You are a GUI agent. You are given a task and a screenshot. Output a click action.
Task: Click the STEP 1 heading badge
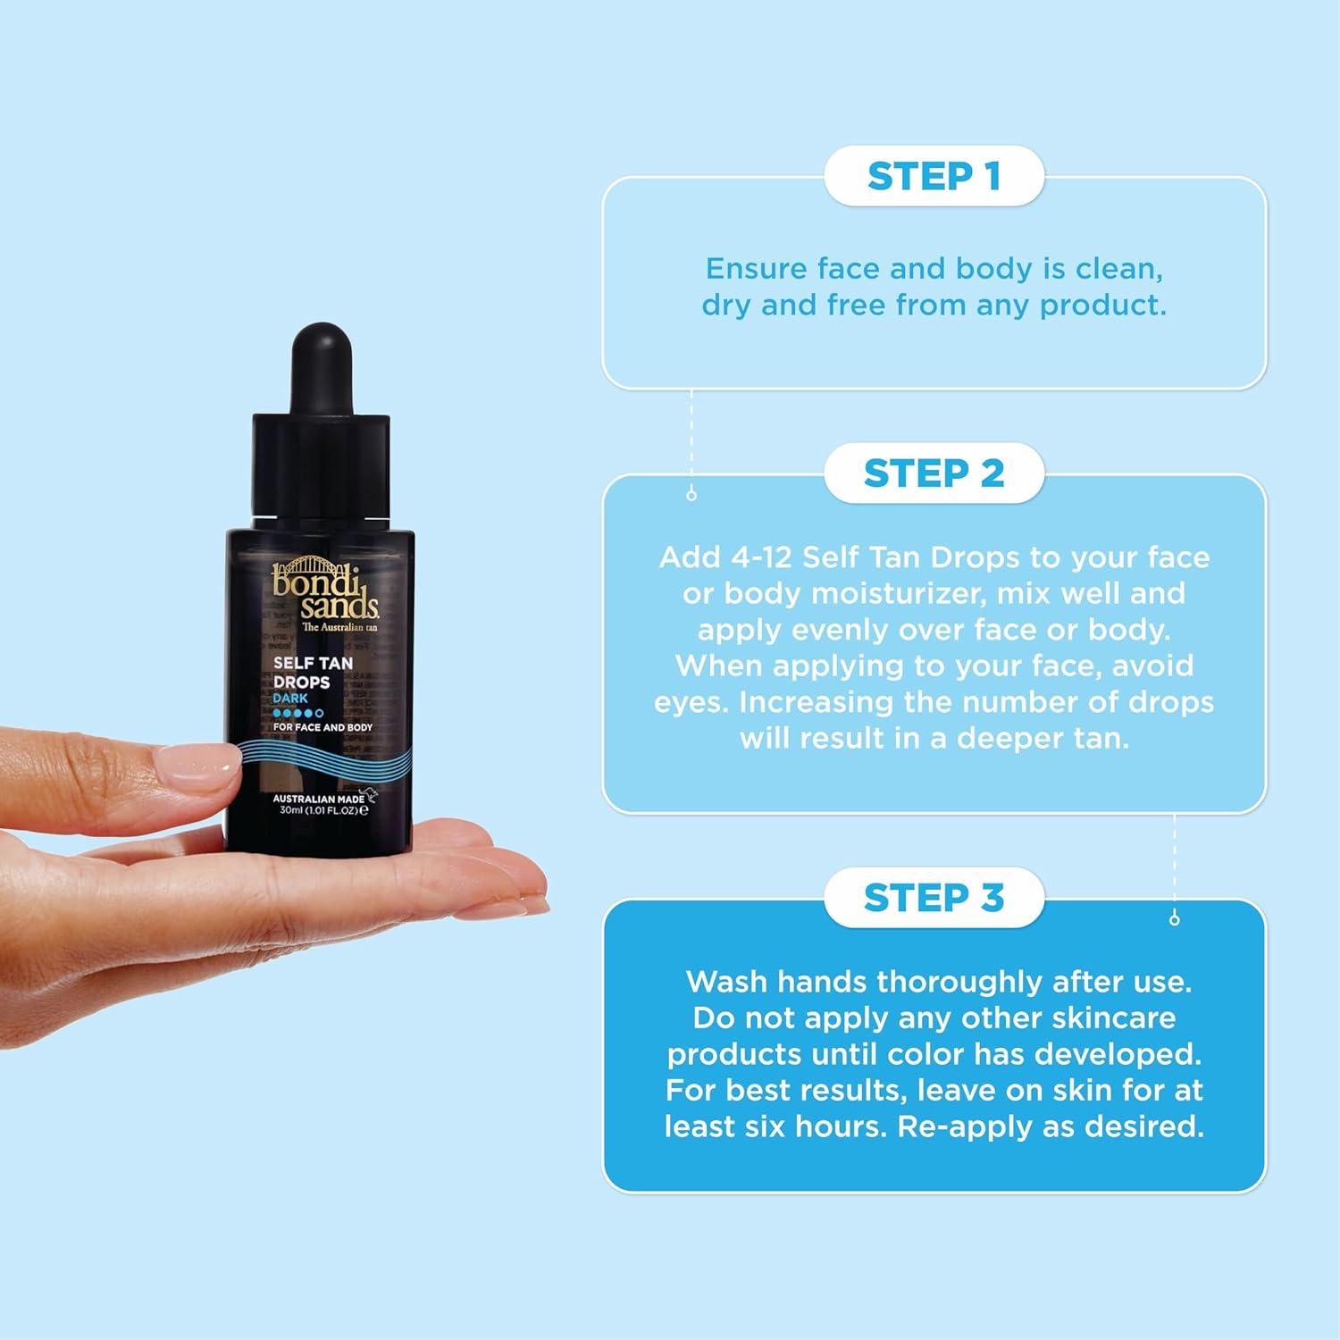934,177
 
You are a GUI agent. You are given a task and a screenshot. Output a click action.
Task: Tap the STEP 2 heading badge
934,473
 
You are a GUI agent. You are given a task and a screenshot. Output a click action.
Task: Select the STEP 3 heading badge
934,898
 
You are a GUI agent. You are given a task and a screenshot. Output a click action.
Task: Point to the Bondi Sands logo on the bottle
324,593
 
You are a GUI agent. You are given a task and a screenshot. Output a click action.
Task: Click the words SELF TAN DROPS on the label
313,673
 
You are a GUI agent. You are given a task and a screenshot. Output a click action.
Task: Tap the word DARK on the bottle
290,699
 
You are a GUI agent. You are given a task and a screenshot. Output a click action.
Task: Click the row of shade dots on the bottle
298,713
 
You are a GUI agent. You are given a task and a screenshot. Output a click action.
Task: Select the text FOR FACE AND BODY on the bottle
322,727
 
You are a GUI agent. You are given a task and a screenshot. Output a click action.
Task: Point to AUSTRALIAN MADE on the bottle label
318,799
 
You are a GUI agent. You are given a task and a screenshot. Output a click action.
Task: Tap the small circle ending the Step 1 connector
691,495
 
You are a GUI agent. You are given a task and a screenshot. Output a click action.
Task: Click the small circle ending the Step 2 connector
1174,919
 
